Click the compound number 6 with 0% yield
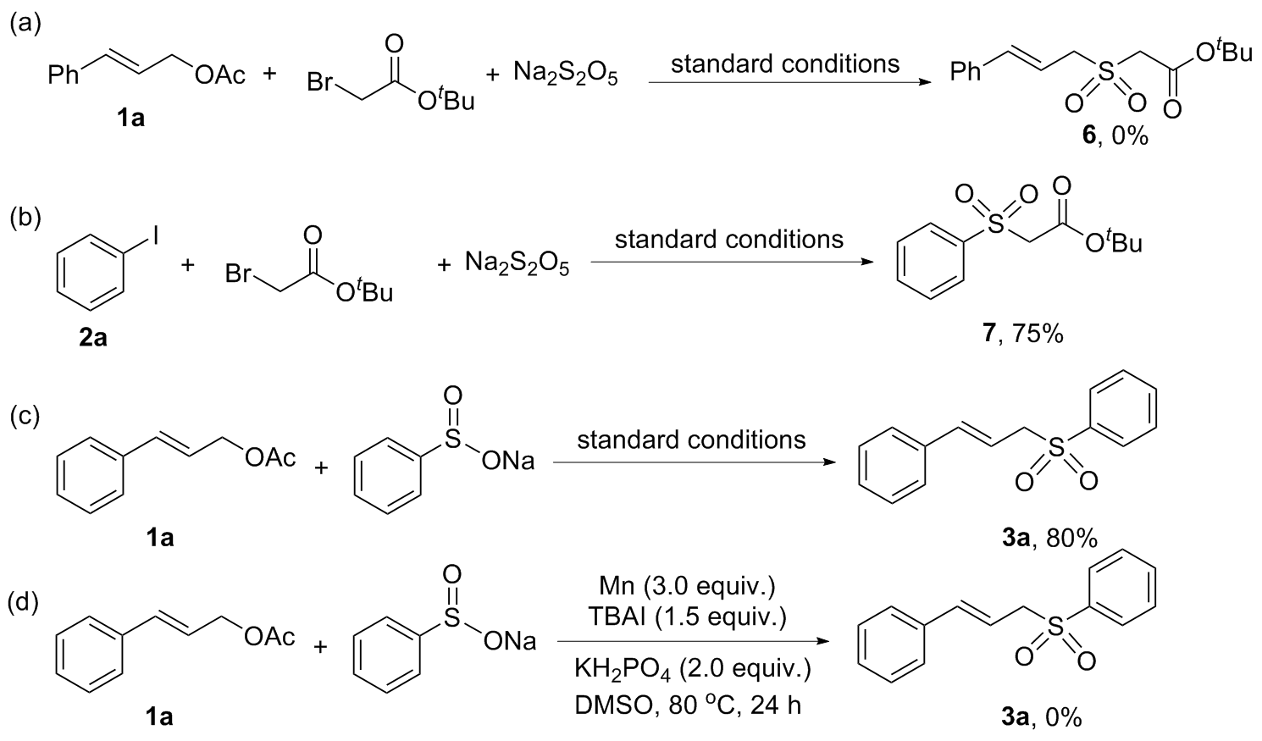[x=1109, y=135]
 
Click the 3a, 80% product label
[x=1049, y=537]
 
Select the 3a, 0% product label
[x=1041, y=718]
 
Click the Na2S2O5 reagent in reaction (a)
[x=565, y=75]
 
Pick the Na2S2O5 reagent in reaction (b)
[x=517, y=267]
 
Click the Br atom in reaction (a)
[x=321, y=83]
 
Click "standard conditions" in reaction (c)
[x=691, y=440]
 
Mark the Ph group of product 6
[x=965, y=73]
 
